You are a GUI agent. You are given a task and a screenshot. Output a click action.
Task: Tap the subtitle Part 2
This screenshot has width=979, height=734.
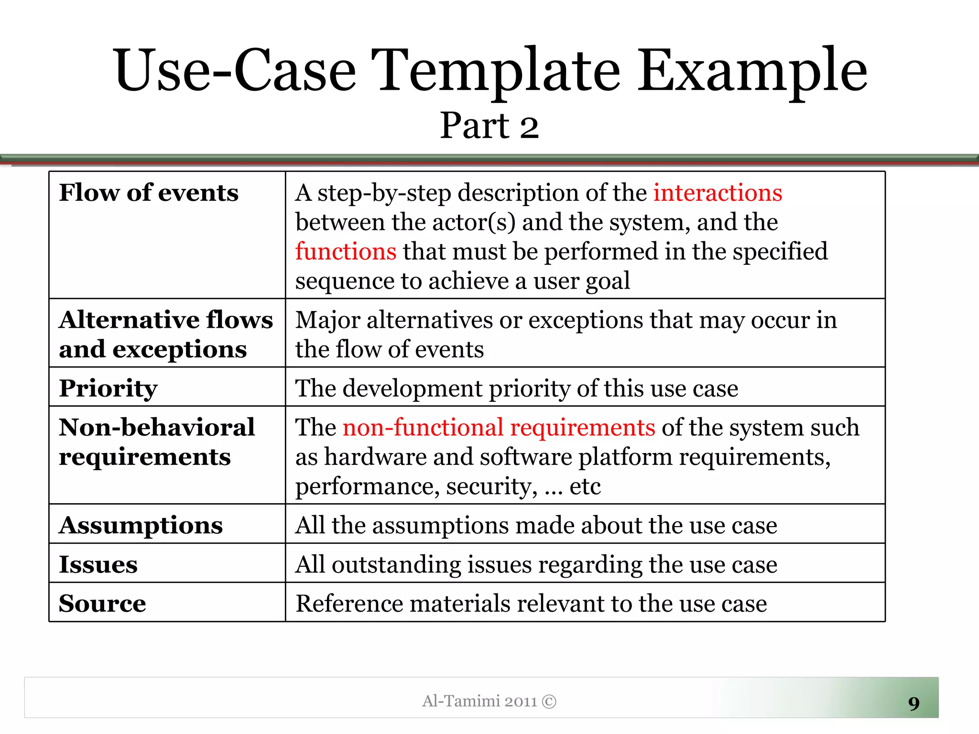(489, 126)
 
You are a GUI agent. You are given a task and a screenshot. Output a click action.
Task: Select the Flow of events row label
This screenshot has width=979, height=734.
(149, 193)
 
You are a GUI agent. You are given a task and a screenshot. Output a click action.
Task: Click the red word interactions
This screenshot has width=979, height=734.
(718, 193)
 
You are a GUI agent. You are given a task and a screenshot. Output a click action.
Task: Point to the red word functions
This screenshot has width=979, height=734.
(346, 251)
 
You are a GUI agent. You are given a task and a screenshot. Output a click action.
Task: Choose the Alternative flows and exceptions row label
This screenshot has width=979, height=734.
(165, 334)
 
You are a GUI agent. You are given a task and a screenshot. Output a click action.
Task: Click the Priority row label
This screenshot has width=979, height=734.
(108, 388)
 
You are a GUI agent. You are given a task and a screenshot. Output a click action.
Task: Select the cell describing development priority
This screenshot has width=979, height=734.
(516, 388)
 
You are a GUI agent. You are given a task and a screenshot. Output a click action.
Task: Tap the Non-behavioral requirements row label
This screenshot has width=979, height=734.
(156, 442)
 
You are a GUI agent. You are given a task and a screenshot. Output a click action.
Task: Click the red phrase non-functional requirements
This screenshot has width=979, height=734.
(499, 427)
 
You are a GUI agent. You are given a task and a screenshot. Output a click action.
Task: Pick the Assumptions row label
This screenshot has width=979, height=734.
(141, 525)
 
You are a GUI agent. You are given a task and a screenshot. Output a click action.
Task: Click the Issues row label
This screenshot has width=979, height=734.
(98, 564)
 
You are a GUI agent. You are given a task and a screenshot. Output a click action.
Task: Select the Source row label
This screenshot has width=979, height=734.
(102, 603)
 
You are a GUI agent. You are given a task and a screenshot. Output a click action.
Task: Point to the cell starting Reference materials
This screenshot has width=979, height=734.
(531, 603)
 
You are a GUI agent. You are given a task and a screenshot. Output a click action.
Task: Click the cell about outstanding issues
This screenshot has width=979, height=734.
(535, 564)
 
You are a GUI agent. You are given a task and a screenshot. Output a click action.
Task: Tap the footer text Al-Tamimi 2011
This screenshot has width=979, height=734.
(479, 701)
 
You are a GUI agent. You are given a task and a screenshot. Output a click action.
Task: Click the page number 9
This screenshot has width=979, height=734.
(914, 703)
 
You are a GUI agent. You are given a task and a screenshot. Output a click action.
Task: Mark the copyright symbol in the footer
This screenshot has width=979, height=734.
(549, 701)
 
